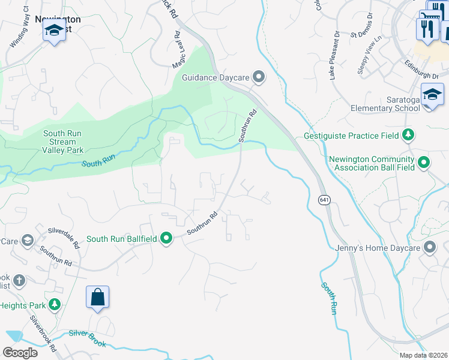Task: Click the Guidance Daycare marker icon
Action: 259,77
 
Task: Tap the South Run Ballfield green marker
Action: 166,239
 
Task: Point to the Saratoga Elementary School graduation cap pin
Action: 432,95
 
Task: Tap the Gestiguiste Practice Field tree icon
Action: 408,134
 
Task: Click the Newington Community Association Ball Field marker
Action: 423,163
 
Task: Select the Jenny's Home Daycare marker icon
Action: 429,247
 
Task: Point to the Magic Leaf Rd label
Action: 177,55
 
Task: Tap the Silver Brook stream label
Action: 88,338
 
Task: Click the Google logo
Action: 20,352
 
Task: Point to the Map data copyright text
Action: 423,355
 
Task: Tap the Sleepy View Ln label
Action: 370,55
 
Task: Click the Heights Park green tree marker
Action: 55,305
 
